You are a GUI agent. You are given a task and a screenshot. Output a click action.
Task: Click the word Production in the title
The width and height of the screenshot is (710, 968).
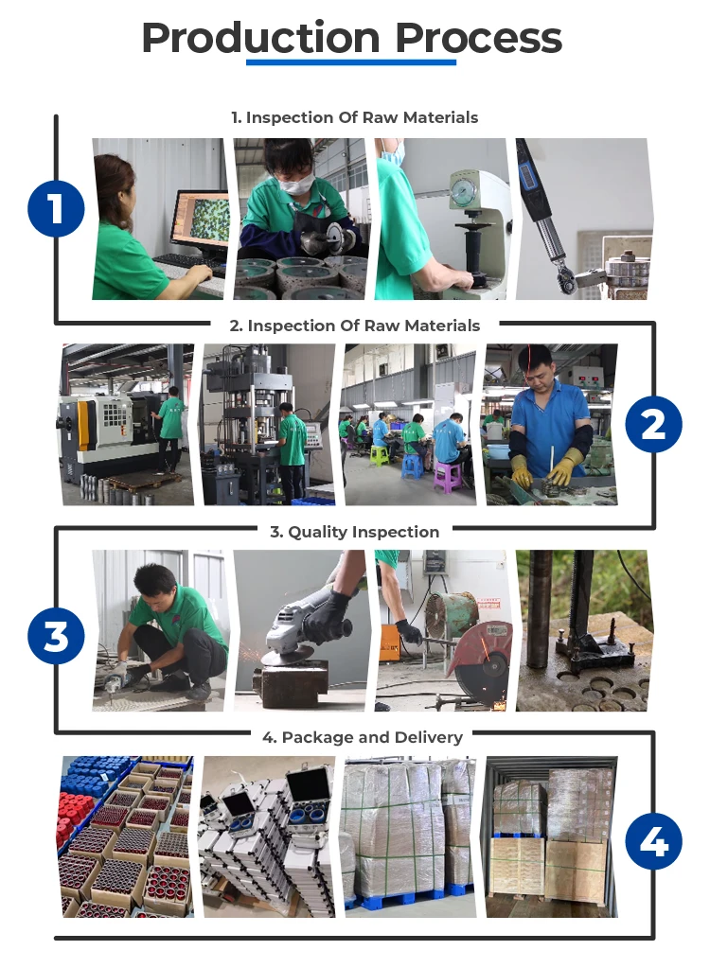click(x=260, y=38)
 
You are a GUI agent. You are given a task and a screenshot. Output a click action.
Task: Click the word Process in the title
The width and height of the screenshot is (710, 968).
click(x=478, y=38)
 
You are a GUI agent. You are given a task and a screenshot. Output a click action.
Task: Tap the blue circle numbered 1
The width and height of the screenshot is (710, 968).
click(x=56, y=209)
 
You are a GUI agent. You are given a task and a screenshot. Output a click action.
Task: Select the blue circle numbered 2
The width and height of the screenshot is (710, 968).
click(x=653, y=424)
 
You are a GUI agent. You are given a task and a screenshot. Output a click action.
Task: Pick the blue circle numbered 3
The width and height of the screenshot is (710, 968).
click(x=56, y=636)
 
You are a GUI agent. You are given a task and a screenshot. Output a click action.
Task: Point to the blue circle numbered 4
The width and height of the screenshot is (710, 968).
click(x=653, y=841)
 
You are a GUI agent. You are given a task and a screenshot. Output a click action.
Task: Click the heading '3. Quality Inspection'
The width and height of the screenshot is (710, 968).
click(x=355, y=532)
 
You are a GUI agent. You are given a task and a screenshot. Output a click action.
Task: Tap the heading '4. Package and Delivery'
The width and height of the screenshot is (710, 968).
click(x=363, y=737)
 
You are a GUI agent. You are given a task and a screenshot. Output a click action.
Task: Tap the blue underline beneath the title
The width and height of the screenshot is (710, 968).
click(x=351, y=62)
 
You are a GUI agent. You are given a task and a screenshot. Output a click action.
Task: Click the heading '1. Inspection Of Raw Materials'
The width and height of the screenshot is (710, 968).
click(x=355, y=117)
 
